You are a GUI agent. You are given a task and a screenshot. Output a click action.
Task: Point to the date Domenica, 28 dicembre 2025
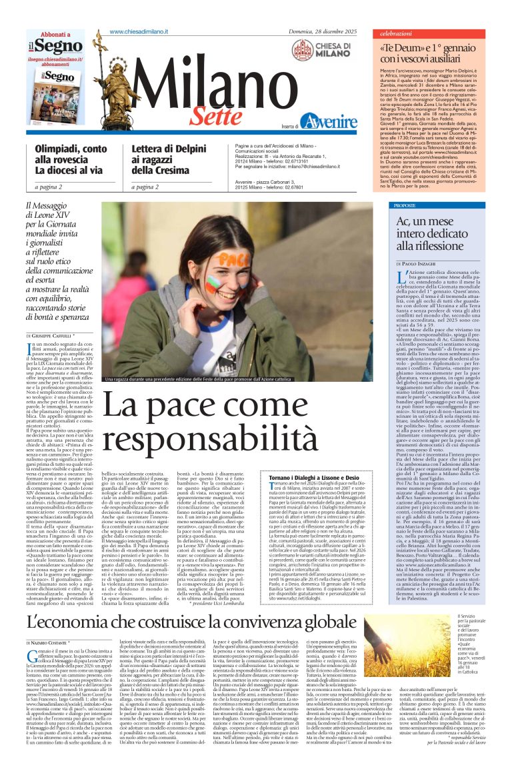(323, 32)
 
